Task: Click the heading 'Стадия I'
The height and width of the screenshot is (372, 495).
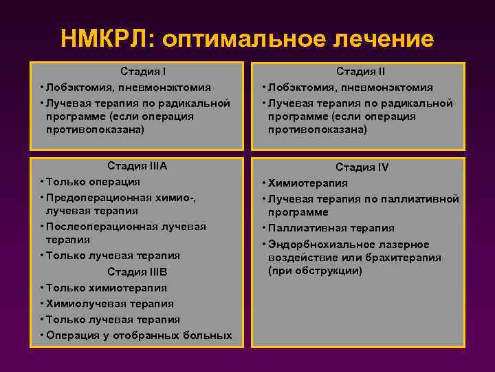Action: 144,71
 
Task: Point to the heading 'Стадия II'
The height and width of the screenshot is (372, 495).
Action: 360,71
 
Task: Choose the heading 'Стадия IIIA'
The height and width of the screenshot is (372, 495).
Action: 137,165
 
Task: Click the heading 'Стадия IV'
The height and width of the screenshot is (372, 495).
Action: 362,167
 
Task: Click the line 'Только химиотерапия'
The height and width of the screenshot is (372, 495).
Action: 107,287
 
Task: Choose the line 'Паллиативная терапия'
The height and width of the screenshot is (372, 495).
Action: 331,228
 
